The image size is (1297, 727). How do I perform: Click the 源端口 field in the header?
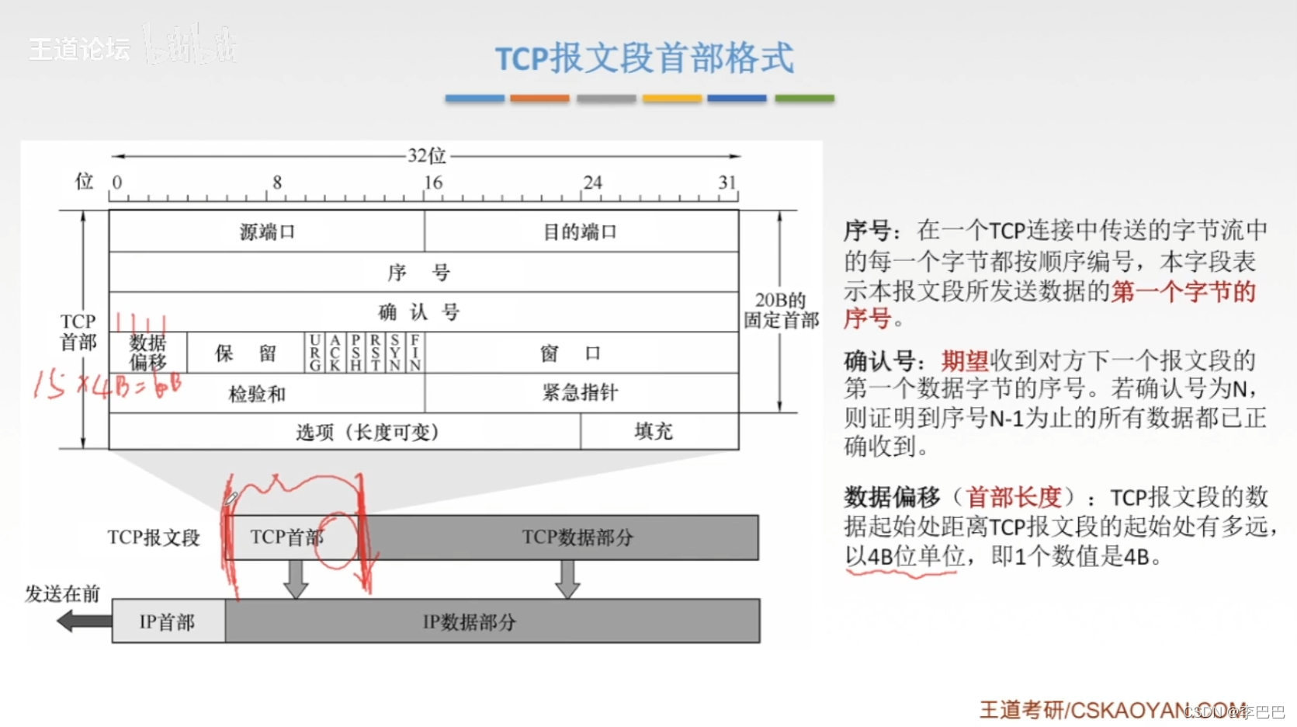pos(266,231)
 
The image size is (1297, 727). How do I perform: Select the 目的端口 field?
pos(580,231)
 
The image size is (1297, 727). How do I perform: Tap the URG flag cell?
pos(314,353)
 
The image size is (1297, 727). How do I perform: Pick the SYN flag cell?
pos(395,353)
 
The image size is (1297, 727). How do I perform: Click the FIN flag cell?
pos(415,353)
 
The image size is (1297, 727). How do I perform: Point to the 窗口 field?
pos(571,353)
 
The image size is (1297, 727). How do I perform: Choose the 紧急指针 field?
pos(580,392)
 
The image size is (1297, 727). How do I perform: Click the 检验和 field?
pos(257,394)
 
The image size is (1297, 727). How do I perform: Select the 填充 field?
pos(654,431)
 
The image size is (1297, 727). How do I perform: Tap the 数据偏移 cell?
pos(147,353)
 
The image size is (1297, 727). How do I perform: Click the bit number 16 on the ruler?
pos(432,183)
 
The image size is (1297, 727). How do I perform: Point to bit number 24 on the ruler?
pos(592,183)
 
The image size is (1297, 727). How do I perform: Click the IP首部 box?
pos(168,621)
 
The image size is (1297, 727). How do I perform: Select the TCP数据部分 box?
pos(577,537)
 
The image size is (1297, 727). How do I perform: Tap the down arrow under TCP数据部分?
pos(567,579)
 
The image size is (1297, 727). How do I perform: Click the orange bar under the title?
pos(539,99)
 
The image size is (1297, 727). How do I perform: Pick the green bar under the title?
pos(804,99)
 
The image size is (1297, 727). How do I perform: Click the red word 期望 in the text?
pos(965,360)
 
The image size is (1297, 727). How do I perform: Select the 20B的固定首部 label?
pos(781,310)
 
